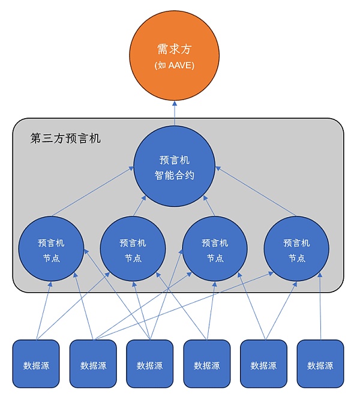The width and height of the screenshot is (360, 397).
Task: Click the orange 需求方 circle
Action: coord(175,57)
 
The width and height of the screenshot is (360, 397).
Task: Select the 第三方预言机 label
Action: coord(65,139)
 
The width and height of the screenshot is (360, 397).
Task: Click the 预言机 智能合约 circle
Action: coord(175,167)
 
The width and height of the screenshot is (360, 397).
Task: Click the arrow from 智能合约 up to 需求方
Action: coord(175,111)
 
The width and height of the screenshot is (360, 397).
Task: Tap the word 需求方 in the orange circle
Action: coord(175,49)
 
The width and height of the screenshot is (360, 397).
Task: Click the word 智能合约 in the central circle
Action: coord(175,176)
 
